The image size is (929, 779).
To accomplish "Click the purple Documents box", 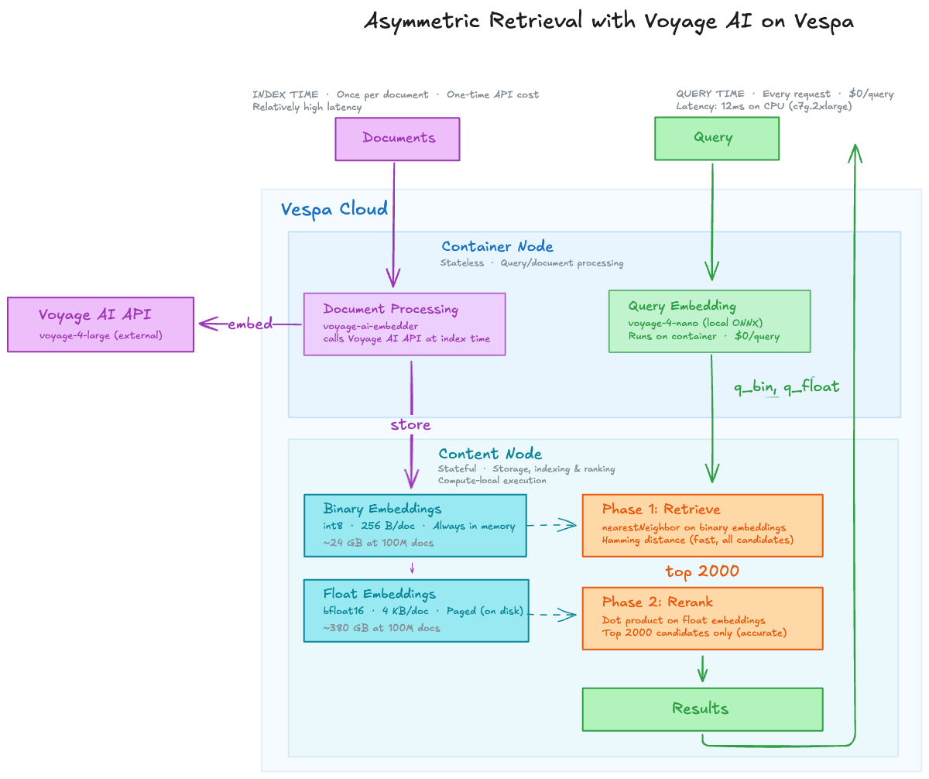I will click(397, 139).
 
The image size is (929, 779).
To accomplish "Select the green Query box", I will click(716, 138).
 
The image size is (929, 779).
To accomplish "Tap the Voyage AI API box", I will click(100, 324).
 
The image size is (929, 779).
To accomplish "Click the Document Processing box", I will click(404, 324).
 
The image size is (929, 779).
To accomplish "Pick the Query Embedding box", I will click(709, 321).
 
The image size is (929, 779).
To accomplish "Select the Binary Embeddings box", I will click(416, 525).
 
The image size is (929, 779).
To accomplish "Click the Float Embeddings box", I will click(416, 610).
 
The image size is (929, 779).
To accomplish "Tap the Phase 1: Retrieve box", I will click(702, 525).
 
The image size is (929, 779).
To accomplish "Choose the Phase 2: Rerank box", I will click(702, 618).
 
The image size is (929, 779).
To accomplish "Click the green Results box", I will click(702, 709).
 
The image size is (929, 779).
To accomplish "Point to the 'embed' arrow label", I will click(250, 324).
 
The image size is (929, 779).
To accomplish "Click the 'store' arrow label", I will click(410, 425).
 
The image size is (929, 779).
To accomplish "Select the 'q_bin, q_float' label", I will click(787, 386).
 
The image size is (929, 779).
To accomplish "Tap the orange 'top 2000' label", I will click(702, 571).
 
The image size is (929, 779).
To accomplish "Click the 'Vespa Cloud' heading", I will click(334, 209).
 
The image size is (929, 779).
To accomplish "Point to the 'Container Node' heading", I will click(497, 247).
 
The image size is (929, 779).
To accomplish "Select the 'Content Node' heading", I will click(490, 454).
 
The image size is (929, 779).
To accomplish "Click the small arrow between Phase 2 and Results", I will click(702, 668).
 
